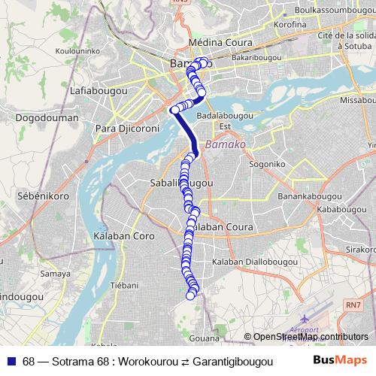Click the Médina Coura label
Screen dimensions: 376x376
point(197,44)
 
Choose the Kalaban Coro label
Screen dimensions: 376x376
point(124,236)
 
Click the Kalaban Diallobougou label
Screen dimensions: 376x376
point(250,262)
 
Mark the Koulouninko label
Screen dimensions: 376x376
point(53,53)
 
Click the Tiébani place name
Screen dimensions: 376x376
point(125,286)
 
